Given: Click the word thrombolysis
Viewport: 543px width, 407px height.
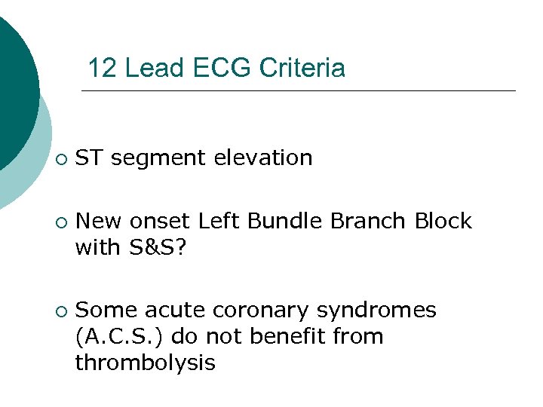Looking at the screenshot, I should point(145,363).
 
